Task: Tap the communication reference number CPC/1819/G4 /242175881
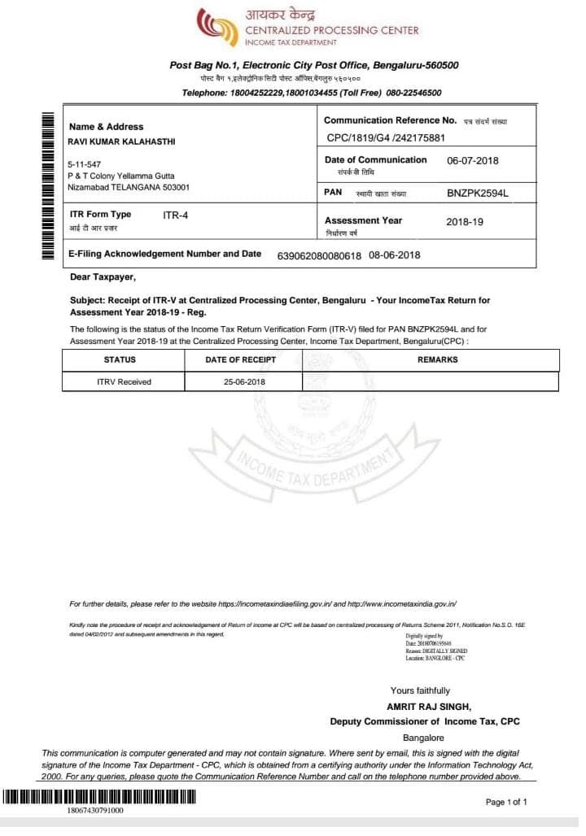tap(386, 138)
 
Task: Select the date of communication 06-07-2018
tap(472, 160)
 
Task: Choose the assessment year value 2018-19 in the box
tap(465, 221)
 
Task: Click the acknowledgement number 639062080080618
tap(319, 255)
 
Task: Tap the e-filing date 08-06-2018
tap(394, 255)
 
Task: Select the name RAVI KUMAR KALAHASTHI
tap(121, 142)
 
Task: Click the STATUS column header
tap(120, 359)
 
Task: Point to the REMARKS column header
tap(437, 359)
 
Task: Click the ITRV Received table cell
tap(124, 381)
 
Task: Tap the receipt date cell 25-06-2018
tap(244, 381)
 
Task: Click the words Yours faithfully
tap(420, 690)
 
